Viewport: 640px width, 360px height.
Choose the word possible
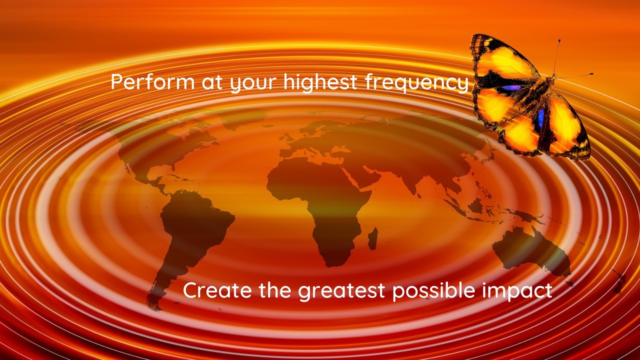[x=433, y=291]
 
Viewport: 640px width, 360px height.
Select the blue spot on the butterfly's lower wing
[x=541, y=118]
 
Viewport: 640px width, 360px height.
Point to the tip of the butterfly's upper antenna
[x=559, y=40]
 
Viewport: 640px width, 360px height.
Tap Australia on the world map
[x=531, y=251]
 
